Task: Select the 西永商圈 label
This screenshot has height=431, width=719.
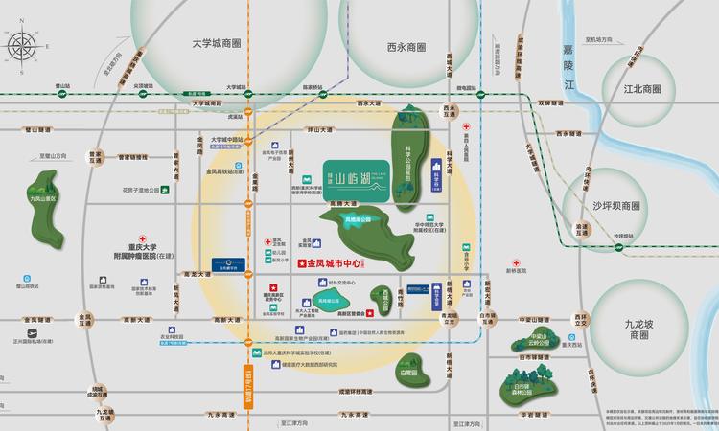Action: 406,47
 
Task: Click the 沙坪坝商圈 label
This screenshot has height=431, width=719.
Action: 615,206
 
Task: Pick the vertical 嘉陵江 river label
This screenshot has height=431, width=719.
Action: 568,67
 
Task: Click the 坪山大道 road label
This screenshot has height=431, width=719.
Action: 319,130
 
